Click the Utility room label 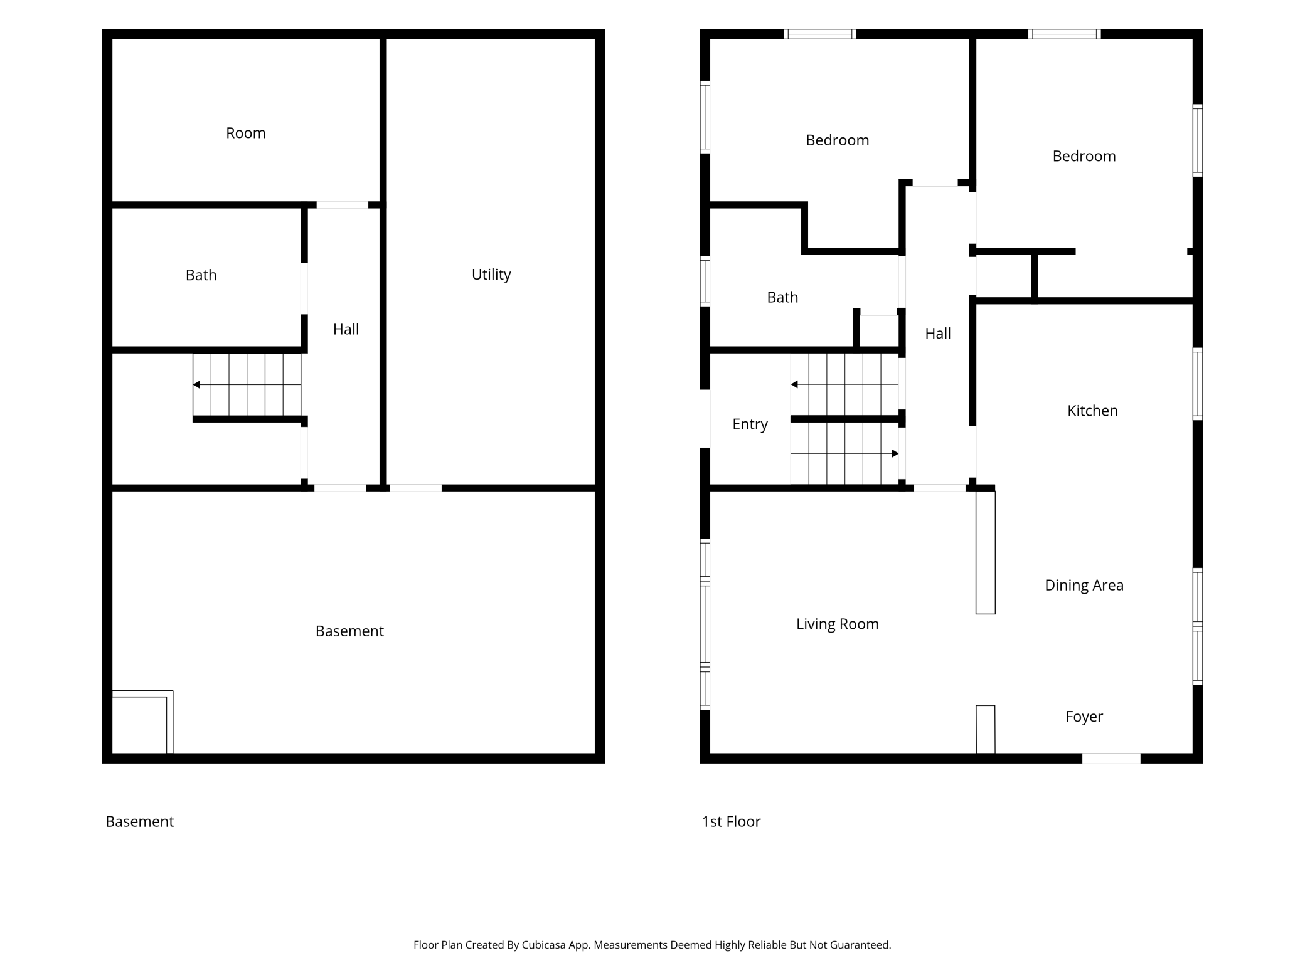point(491,275)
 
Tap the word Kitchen point(1092,411)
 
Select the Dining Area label point(1084,585)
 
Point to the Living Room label point(838,624)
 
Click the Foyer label point(1084,717)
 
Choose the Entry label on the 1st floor point(750,424)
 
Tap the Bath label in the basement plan point(201,275)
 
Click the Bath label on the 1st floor point(782,297)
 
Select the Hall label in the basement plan point(346,329)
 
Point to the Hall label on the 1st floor point(938,334)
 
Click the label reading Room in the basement point(246,133)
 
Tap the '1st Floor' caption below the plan point(731,821)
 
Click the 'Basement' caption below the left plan point(139,821)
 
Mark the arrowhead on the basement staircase point(196,384)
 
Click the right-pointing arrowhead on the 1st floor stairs point(895,453)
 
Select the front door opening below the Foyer point(1111,759)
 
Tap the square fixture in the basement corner point(142,722)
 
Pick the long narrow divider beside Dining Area point(985,552)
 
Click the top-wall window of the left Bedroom point(819,34)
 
